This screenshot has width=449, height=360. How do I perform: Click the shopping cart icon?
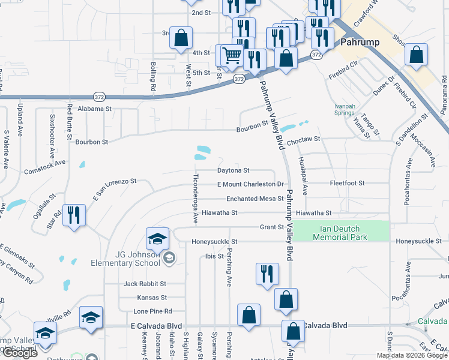[x=232, y=56]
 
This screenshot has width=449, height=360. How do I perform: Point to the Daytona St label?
[x=233, y=170]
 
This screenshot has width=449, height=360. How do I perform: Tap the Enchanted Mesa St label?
[x=255, y=199]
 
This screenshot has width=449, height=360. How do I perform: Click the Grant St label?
[x=271, y=227]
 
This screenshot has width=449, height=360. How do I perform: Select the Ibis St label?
[x=214, y=256]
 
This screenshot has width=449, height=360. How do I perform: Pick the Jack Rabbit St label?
[x=145, y=284]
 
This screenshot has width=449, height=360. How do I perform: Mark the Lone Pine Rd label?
[x=152, y=311]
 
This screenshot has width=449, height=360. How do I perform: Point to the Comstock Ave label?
[x=44, y=167]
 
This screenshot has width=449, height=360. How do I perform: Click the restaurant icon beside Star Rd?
[x=74, y=215]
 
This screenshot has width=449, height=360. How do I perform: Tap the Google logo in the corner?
[x=20, y=353]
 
